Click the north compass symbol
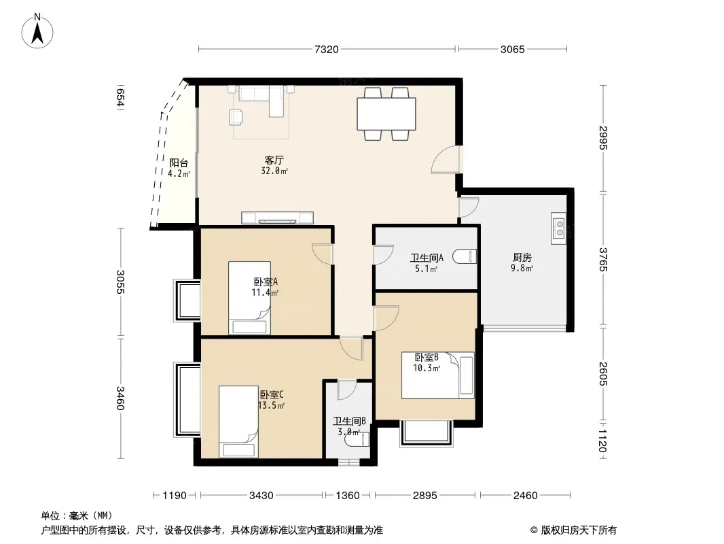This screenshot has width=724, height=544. (x=37, y=31)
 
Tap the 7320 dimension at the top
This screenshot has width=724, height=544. (x=327, y=49)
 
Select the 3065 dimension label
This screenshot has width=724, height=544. (x=513, y=49)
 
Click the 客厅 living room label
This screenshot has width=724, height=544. (x=274, y=160)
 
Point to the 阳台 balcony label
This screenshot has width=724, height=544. (x=179, y=163)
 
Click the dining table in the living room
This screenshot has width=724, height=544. (x=386, y=114)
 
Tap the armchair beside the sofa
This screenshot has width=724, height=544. (x=236, y=116)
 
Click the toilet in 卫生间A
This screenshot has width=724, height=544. (x=465, y=256)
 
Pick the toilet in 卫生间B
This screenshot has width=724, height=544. (x=357, y=439)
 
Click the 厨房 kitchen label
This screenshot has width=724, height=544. (x=522, y=258)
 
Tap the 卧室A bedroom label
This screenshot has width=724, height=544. (x=266, y=282)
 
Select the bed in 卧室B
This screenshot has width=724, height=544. (x=437, y=375)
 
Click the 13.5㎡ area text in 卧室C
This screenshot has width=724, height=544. (x=271, y=406)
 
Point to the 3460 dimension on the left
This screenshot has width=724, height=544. (x=120, y=398)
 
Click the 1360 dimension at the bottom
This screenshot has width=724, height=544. (x=348, y=496)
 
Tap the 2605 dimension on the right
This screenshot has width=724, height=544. (x=603, y=374)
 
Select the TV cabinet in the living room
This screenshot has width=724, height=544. (x=278, y=218)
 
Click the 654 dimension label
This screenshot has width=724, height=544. (x=120, y=97)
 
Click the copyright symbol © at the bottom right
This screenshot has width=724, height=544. (x=535, y=530)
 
